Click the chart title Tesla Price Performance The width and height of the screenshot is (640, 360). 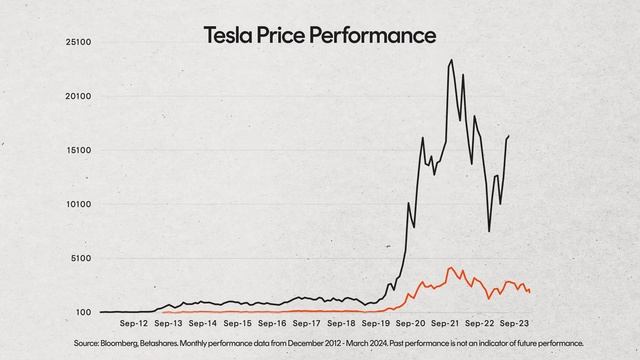[320, 35]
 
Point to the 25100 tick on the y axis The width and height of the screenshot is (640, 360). [79, 43]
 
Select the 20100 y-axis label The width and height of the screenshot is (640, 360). [79, 97]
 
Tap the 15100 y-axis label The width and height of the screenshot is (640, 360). [79, 151]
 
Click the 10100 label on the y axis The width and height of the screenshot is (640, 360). [79, 205]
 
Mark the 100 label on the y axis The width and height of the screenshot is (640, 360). [85, 313]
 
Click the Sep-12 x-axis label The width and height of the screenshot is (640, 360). [134, 324]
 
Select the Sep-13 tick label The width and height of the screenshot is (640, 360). [169, 324]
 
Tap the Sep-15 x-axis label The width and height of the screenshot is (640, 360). [239, 324]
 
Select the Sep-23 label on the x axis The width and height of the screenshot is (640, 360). [515, 324]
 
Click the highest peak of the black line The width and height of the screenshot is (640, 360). [452, 60]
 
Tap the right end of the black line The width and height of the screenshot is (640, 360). [509, 135]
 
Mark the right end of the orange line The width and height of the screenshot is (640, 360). [530, 291]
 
